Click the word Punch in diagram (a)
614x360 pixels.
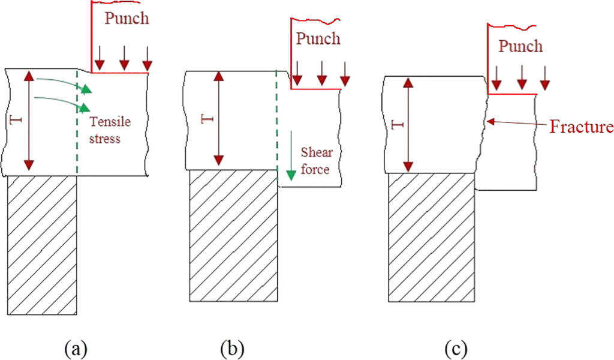[x=127, y=18]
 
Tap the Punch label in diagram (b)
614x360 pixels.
[x=318, y=39]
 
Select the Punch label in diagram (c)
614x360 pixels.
[x=520, y=46]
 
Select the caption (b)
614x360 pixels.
[x=231, y=347]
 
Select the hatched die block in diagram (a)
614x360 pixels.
[x=41, y=246]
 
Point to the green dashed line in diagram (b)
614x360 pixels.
[x=276, y=120]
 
